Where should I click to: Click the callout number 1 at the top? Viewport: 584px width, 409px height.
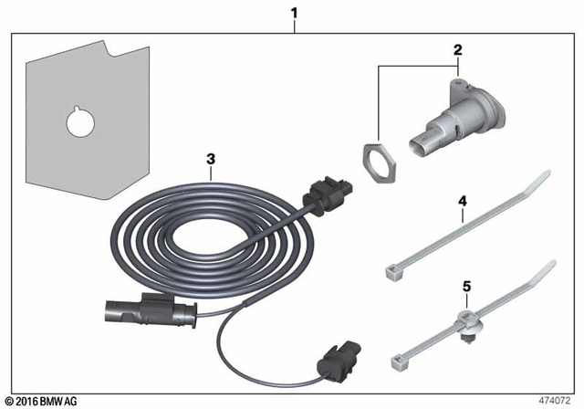294,14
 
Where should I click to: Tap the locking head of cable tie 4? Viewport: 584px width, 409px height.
391,267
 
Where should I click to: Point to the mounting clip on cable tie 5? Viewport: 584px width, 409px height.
468,321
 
